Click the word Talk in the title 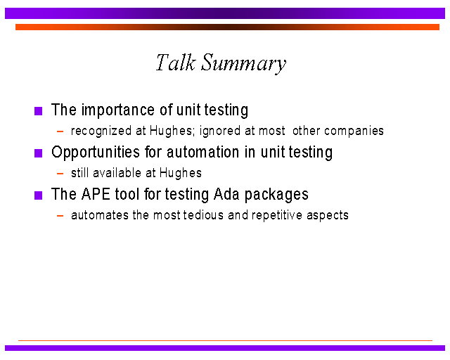tap(176, 63)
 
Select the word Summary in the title tap(244, 64)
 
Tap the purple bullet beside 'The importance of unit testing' tap(38, 111)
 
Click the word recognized tap(101, 131)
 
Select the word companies tap(354, 131)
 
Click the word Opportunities tap(96, 153)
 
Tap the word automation tap(203, 152)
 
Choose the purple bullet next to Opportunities tap(38, 153)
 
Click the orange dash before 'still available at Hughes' tap(60, 174)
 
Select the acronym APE tap(96, 194)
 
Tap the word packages tap(276, 195)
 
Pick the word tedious tap(203, 215)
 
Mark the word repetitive tap(277, 216)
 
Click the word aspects tap(328, 216)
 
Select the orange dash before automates tap(60, 216)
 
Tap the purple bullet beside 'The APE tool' tap(38, 195)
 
